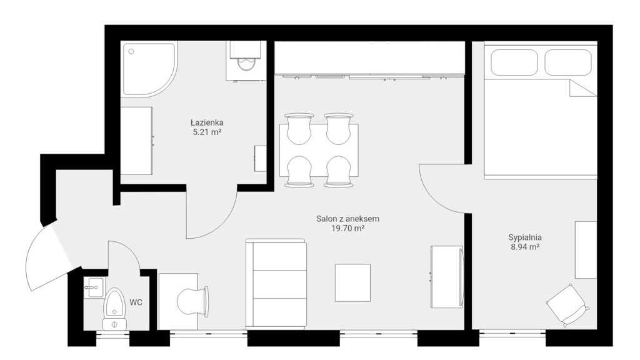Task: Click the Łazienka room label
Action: [x=207, y=122]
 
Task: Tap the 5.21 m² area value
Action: [x=207, y=132]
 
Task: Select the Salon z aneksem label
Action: [x=347, y=219]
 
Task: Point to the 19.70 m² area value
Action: [x=347, y=229]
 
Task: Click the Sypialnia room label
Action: [x=525, y=237]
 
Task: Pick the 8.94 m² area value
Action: [x=525, y=247]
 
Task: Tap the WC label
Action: [x=136, y=302]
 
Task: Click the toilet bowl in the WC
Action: [x=114, y=308]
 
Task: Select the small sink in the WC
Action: [x=94, y=287]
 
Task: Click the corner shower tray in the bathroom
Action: [x=149, y=69]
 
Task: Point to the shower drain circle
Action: [x=131, y=51]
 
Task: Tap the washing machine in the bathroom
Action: [x=244, y=61]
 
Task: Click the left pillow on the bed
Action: [x=514, y=62]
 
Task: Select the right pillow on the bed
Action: [x=567, y=62]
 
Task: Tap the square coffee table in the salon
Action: [x=352, y=282]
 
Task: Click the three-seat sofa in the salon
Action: [x=276, y=284]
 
